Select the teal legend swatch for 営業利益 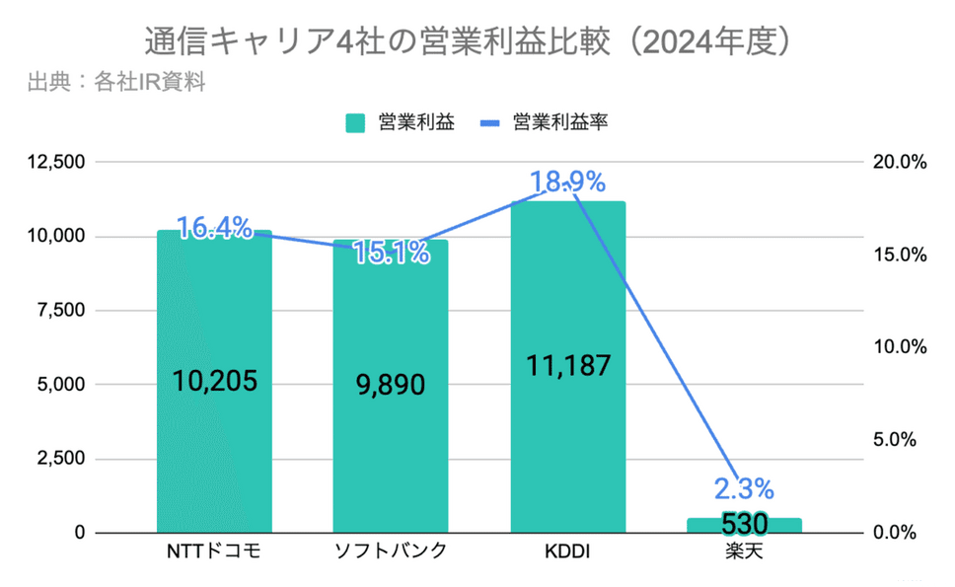tap(355, 122)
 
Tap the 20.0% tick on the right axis tap(901, 162)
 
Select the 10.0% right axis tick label tap(901, 347)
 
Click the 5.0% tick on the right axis tap(904, 440)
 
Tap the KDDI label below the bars tap(567, 550)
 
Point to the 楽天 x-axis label tap(744, 550)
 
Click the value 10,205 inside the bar tap(214, 381)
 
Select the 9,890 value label tap(391, 384)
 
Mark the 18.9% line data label tap(567, 183)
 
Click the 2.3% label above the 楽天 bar tap(744, 487)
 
